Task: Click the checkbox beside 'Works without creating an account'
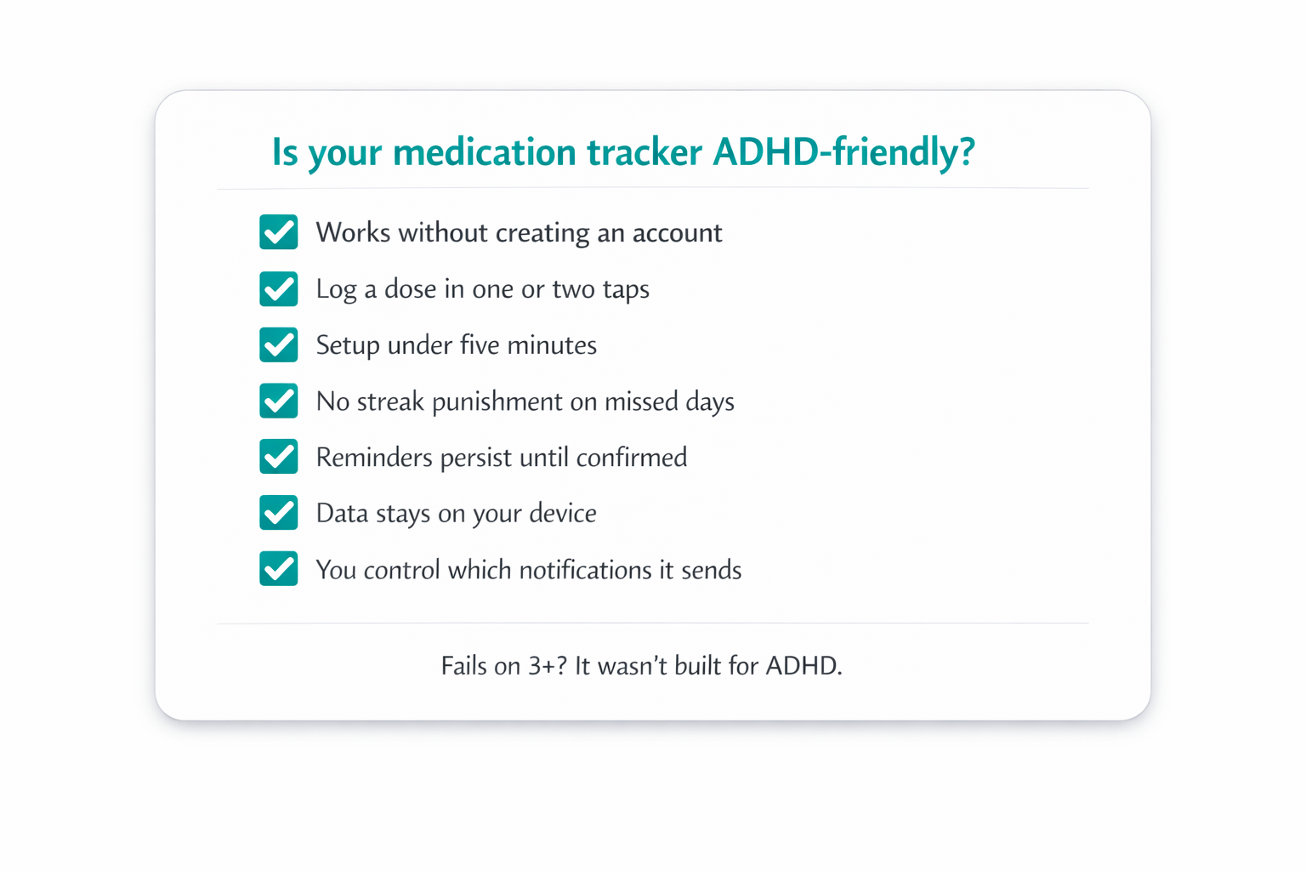click(279, 232)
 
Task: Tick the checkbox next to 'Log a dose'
click(279, 288)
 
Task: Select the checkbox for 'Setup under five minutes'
click(279, 344)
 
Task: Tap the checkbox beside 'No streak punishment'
click(279, 401)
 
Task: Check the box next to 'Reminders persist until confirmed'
click(279, 457)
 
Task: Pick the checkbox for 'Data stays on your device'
click(279, 513)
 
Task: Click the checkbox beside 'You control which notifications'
click(279, 569)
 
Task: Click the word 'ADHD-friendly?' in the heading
click(843, 152)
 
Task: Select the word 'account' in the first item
click(677, 233)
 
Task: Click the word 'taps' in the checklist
click(626, 290)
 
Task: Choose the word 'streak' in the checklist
click(390, 401)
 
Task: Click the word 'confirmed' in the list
click(632, 458)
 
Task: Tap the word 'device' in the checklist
click(563, 514)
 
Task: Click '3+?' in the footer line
click(548, 665)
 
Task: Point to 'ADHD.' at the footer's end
click(803, 665)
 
